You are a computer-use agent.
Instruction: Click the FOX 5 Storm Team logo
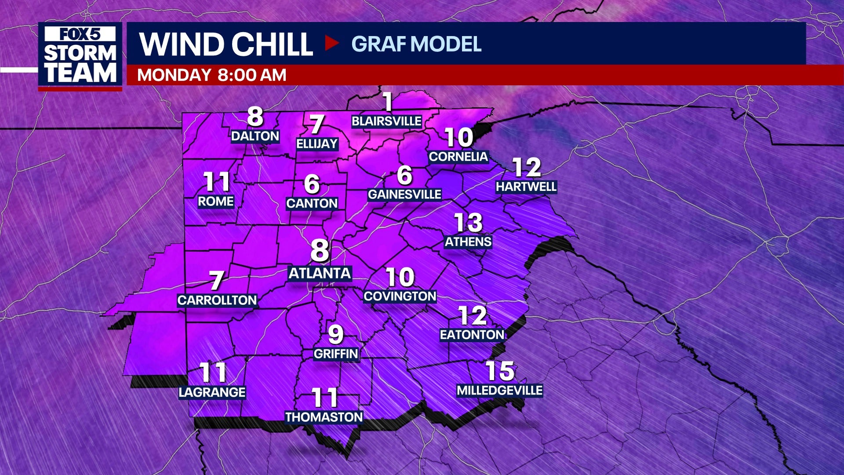(x=80, y=55)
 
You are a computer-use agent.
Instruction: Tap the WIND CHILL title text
(x=226, y=44)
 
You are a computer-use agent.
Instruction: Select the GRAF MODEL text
(x=416, y=44)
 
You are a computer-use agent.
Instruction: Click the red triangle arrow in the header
(x=331, y=43)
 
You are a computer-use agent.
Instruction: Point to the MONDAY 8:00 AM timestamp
(x=211, y=75)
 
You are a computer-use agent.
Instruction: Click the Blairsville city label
(x=386, y=121)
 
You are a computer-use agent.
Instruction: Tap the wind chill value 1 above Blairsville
(x=387, y=102)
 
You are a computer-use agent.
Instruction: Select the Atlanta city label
(x=320, y=274)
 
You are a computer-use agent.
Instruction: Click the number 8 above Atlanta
(x=320, y=250)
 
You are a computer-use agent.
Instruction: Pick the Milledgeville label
(x=500, y=391)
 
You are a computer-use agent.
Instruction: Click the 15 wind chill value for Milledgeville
(x=500, y=371)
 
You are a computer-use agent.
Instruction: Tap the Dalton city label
(x=255, y=136)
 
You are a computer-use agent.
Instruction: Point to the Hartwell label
(x=526, y=187)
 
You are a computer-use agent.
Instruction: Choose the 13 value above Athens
(x=468, y=223)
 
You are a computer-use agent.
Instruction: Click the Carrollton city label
(x=217, y=300)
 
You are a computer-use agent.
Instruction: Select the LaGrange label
(x=212, y=392)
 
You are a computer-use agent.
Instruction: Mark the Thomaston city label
(x=324, y=417)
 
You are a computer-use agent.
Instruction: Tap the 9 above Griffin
(x=335, y=335)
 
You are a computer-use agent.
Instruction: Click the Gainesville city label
(x=404, y=194)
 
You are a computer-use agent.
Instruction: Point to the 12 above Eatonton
(x=472, y=315)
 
